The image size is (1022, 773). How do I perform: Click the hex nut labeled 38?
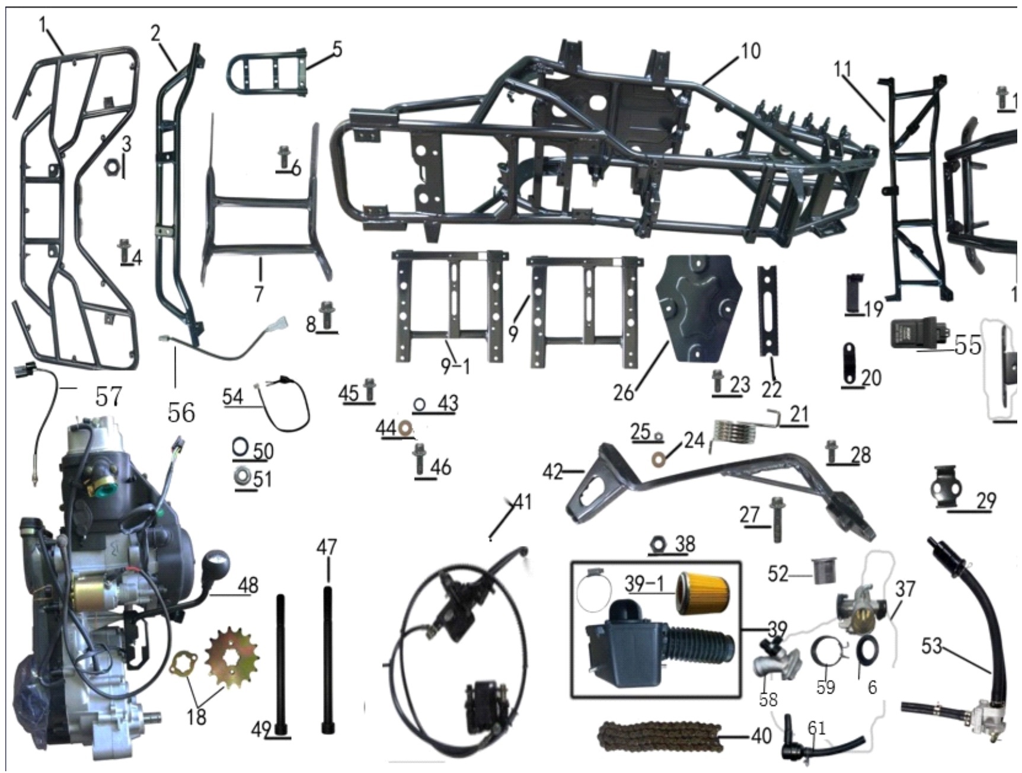[657, 543]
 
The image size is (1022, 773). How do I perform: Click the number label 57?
[108, 396]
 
